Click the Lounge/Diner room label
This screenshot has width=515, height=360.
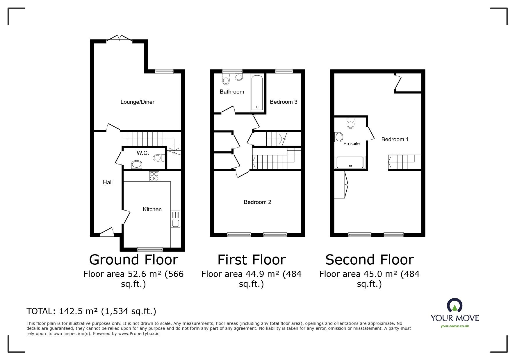tap(137, 102)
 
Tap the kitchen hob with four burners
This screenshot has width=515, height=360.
tap(154, 176)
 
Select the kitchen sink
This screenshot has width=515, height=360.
tap(175, 219)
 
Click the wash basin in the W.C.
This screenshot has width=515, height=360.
tap(137, 165)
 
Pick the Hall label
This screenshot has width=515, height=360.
tap(108, 182)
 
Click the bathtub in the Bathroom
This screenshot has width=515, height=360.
tap(257, 93)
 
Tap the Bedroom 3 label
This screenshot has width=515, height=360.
tap(284, 102)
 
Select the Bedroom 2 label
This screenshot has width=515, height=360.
tap(257, 202)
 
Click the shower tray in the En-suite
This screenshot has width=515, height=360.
tap(350, 162)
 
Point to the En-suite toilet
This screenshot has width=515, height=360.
tap(350, 123)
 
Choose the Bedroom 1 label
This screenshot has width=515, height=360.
tap(395, 139)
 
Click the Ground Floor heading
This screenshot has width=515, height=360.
tap(133, 259)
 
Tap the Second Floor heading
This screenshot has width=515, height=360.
tap(369, 259)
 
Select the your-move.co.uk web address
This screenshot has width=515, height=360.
tap(455, 326)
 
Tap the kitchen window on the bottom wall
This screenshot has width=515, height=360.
tap(150, 249)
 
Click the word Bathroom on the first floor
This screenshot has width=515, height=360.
tap(232, 92)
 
